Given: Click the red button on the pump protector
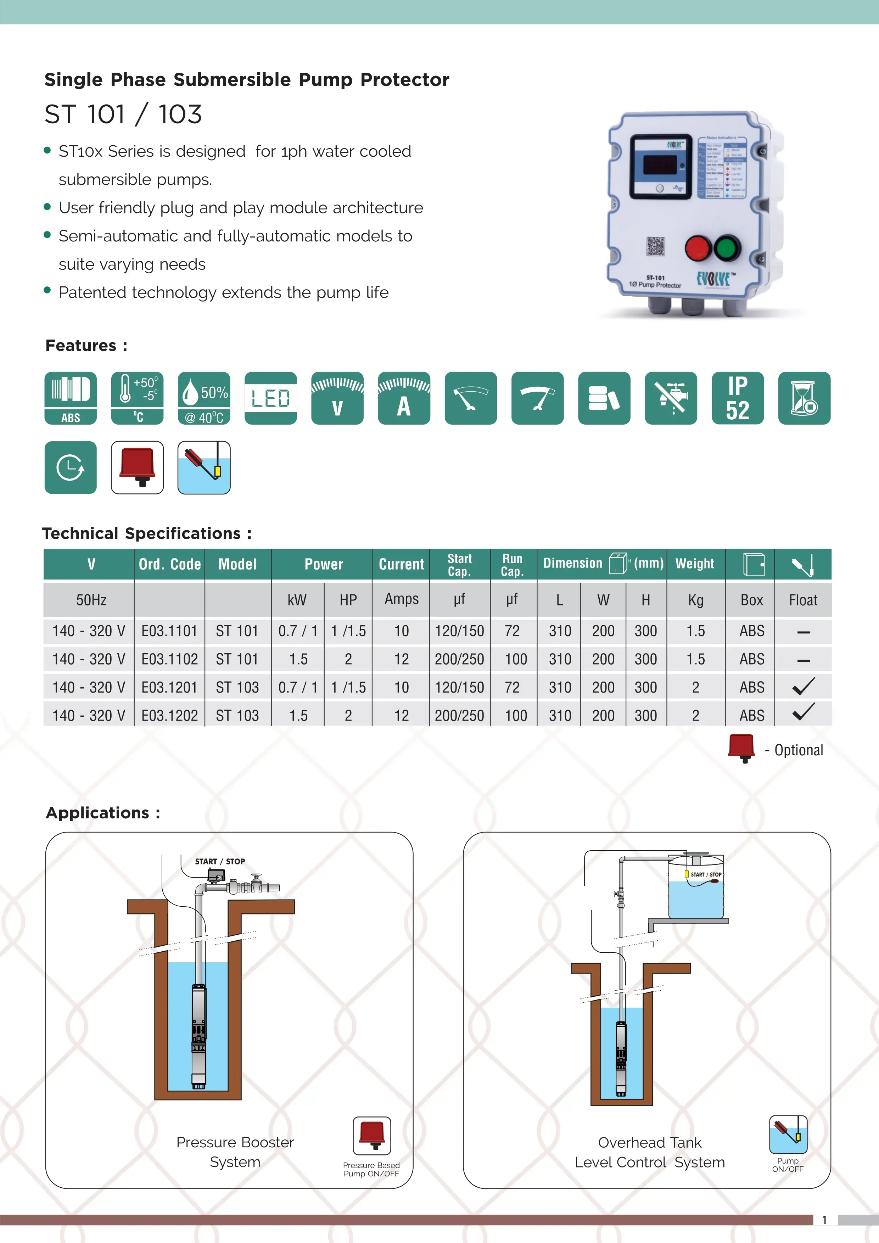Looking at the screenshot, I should pyautogui.click(x=698, y=248).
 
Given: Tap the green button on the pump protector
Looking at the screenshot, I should pyautogui.click(x=727, y=248).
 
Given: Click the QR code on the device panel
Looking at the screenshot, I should pyautogui.click(x=655, y=246).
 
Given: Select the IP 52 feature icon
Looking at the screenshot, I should pyautogui.click(x=737, y=398).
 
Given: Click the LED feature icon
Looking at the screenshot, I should pyautogui.click(x=271, y=398).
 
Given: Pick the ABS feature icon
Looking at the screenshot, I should pyautogui.click(x=71, y=398).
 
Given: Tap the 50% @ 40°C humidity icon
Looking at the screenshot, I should pyautogui.click(x=204, y=398).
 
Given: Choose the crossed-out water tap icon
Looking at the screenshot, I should pyautogui.click(x=671, y=398).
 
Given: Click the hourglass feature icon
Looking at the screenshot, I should pyautogui.click(x=804, y=398).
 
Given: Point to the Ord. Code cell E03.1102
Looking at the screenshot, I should pyautogui.click(x=169, y=659).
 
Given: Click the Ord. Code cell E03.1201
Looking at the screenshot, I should pyautogui.click(x=169, y=688).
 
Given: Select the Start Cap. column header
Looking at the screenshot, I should pyautogui.click(x=460, y=565).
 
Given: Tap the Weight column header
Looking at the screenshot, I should pyautogui.click(x=695, y=564).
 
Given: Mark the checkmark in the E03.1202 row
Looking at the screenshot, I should pyautogui.click(x=803, y=712).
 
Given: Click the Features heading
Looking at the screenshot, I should pyautogui.click(x=86, y=346).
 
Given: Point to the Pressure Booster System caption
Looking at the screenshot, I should pyautogui.click(x=235, y=1152).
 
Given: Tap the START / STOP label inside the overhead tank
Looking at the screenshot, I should pyautogui.click(x=706, y=874).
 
